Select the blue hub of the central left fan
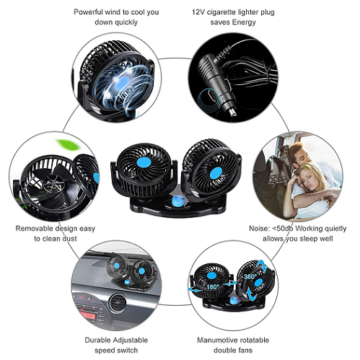pos(144,162)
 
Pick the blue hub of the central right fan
pos(216,173)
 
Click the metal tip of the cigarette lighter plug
pos(233,113)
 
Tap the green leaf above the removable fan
pos(67,144)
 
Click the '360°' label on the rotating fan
pos(250,276)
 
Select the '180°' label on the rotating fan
pos(213,286)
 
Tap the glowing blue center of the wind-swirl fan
pos(122,82)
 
